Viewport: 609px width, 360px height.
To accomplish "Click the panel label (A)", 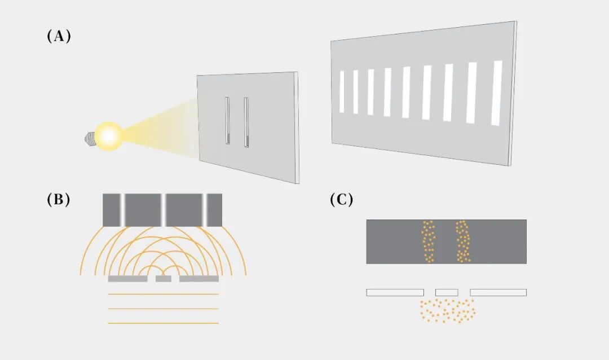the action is (x=58, y=37).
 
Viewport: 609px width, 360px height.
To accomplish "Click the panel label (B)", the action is (x=58, y=200).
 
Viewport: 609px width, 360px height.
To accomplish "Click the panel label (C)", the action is (x=341, y=200).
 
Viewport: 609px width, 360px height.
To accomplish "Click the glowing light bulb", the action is (x=108, y=136).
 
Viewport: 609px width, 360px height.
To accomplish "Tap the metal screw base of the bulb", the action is (x=89, y=137).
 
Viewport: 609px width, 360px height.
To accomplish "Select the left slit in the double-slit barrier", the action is (x=227, y=121).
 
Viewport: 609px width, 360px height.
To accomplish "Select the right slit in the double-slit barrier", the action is (x=246, y=122).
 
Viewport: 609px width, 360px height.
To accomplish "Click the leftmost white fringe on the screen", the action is (x=342, y=91).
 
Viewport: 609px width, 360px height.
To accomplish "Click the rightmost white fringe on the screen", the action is (x=497, y=93).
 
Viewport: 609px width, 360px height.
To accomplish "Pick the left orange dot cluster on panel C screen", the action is (x=429, y=242).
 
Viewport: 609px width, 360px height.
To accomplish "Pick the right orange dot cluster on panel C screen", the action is (x=463, y=242).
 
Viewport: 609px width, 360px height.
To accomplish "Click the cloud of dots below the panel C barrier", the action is (x=448, y=310).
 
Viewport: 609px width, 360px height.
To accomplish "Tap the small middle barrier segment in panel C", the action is (x=447, y=292).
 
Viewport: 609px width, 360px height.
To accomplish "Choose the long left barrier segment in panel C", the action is (x=395, y=292).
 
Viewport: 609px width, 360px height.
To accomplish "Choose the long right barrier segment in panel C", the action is (x=498, y=292).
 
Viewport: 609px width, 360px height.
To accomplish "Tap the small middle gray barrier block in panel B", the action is (x=164, y=279).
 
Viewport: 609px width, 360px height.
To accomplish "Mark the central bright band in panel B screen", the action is (x=164, y=210).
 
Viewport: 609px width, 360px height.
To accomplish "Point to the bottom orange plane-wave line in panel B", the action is (x=163, y=323).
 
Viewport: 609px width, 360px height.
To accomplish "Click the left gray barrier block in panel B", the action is (x=127, y=279).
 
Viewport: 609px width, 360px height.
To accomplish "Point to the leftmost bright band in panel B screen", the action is (x=121, y=210).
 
